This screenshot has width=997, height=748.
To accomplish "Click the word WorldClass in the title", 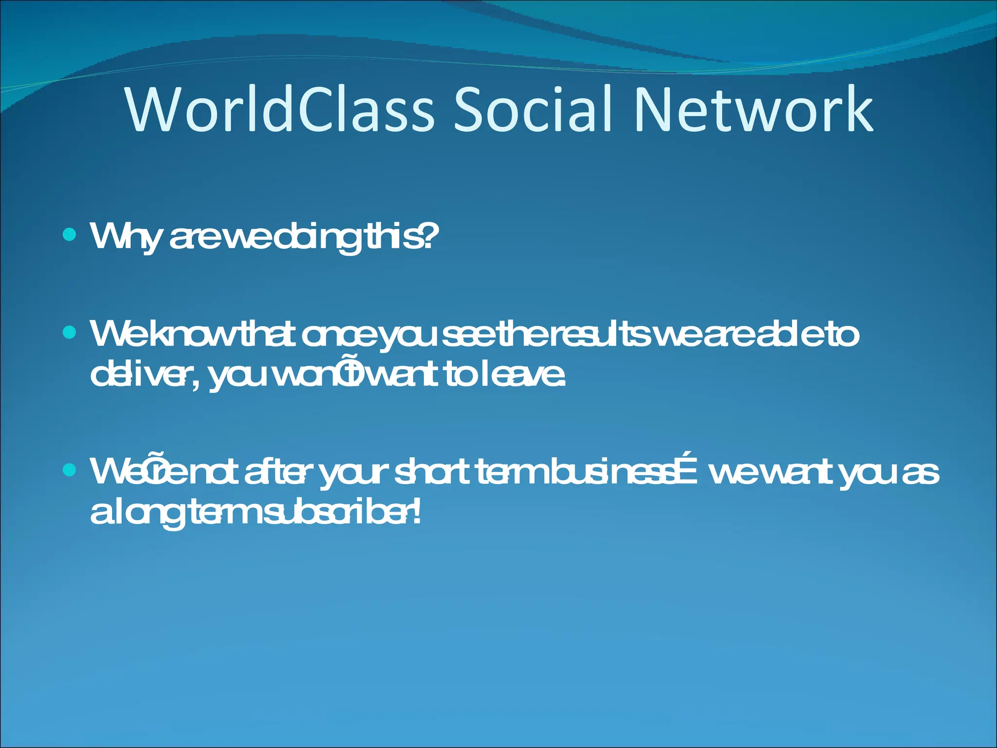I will tap(279, 110).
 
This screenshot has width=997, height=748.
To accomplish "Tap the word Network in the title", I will tap(753, 110).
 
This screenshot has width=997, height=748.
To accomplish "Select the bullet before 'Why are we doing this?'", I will tap(70, 235).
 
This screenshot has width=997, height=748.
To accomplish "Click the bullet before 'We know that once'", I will tap(70, 333).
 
